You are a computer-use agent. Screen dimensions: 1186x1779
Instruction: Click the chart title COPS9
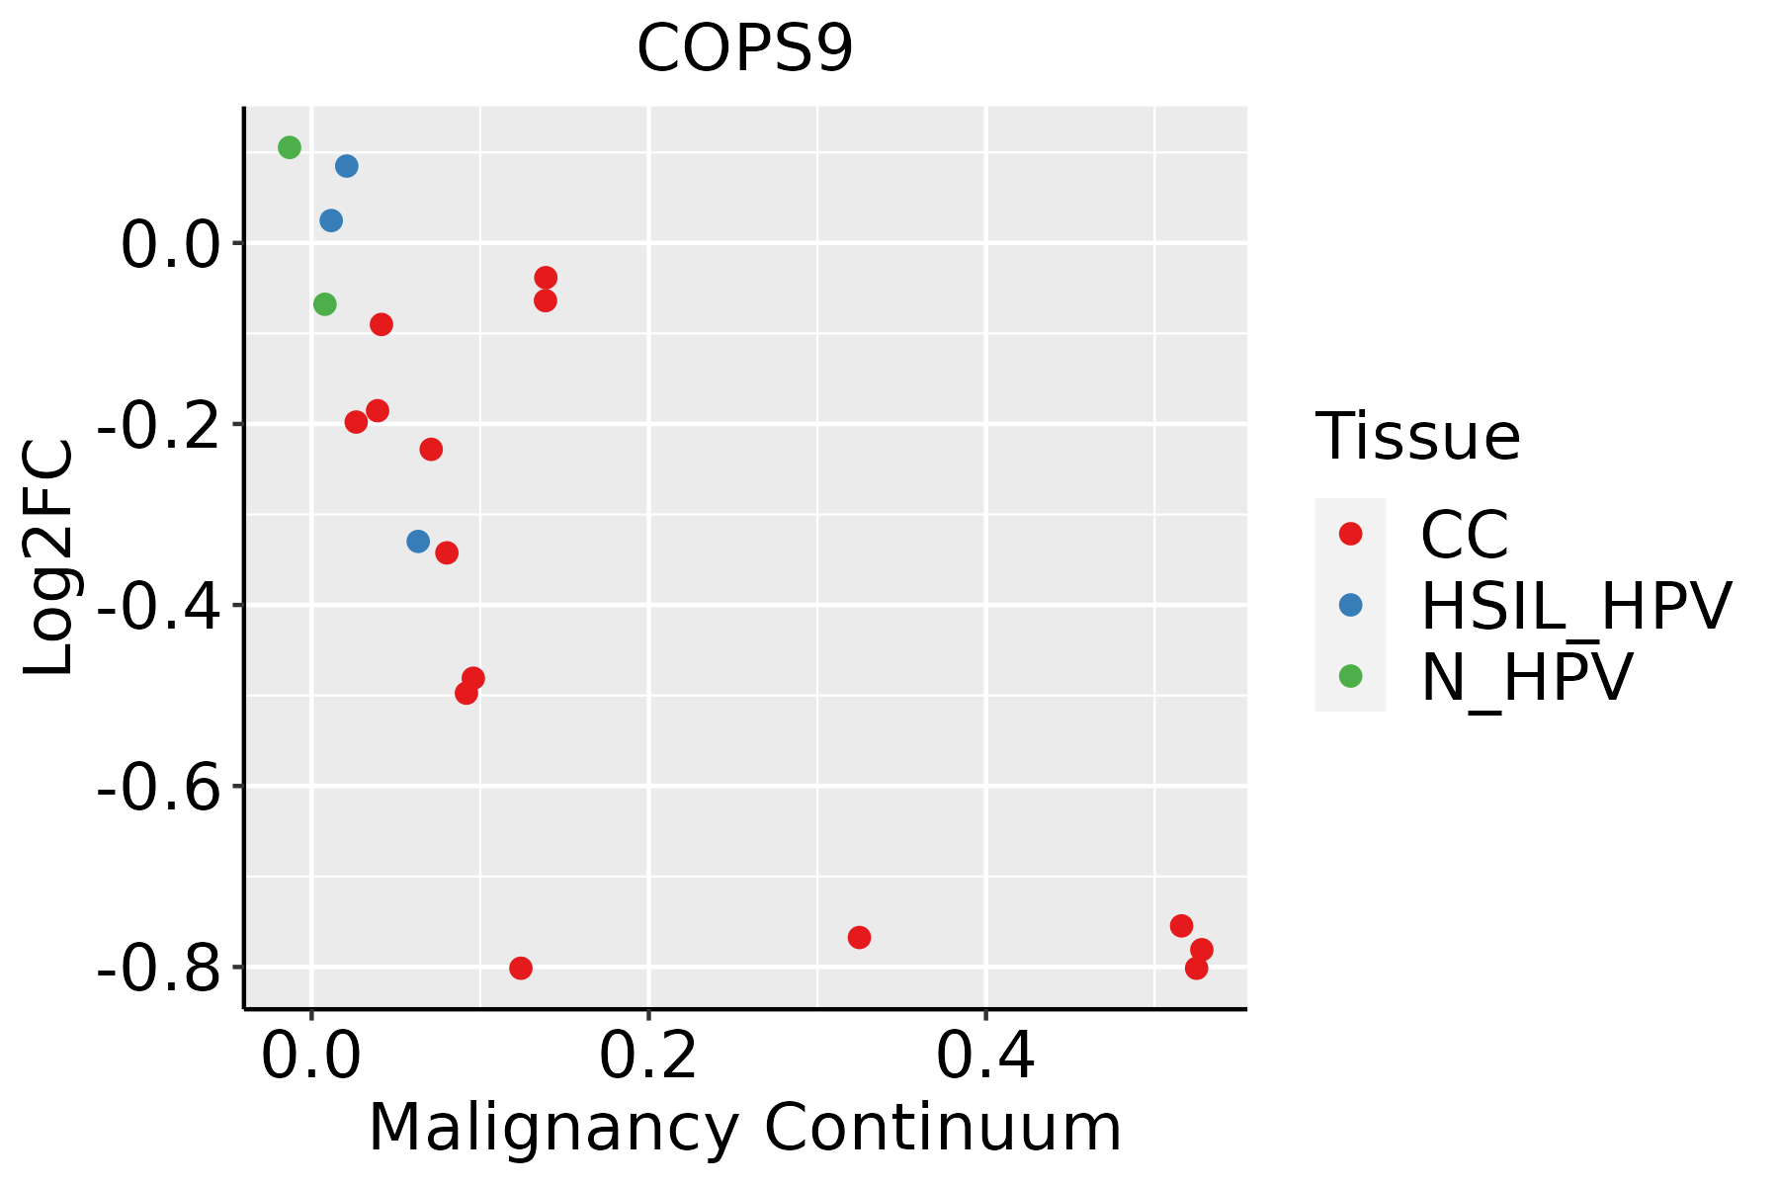(x=744, y=49)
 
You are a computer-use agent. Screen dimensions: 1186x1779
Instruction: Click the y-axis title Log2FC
(x=49, y=558)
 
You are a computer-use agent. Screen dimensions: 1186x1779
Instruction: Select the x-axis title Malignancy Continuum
(x=744, y=1128)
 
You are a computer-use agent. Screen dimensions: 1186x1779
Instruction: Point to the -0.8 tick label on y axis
(x=157, y=969)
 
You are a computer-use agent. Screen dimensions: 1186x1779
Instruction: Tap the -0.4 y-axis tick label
(x=157, y=606)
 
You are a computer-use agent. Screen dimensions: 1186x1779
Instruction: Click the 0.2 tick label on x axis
(x=648, y=1057)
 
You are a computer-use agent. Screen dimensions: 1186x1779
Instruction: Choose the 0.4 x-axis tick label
(x=985, y=1057)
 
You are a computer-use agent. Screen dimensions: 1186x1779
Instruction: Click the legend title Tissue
(x=1417, y=436)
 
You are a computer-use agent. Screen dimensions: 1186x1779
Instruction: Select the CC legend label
(x=1464, y=535)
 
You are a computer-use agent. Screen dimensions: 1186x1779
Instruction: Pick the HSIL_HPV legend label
(x=1575, y=606)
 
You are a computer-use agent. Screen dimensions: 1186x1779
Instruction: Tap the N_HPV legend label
(x=1526, y=677)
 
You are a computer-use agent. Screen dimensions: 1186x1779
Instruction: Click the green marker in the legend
(x=1350, y=676)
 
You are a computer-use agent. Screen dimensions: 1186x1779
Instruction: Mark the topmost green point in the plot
(x=290, y=147)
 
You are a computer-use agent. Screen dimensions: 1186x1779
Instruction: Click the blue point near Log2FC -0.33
(x=418, y=542)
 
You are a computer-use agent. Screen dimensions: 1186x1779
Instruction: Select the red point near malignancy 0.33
(x=859, y=937)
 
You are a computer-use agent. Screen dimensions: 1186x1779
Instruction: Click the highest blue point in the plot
(x=346, y=166)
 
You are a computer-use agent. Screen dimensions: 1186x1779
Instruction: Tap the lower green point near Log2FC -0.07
(x=324, y=304)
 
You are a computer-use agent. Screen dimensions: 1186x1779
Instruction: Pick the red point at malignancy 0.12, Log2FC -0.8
(x=521, y=968)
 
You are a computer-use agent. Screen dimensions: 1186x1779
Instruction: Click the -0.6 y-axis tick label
(x=157, y=788)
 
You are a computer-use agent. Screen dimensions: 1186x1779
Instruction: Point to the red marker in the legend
(x=1350, y=534)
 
